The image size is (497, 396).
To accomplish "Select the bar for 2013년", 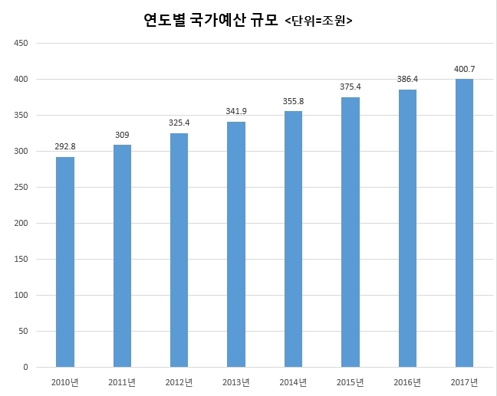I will tap(236, 244).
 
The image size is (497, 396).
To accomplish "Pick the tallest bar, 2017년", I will tap(464, 223).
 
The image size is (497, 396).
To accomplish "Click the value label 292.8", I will tap(65, 146).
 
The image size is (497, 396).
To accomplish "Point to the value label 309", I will tap(122, 135).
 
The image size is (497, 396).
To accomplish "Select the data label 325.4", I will tap(179, 123).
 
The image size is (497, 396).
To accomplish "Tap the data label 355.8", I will tap(293, 101).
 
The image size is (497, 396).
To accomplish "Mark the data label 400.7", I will tap(464, 68).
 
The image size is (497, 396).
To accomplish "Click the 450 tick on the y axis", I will tap(21, 44).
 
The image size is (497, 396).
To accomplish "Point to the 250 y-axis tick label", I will tap(21, 188).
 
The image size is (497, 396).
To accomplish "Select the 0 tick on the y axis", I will tap(25, 368).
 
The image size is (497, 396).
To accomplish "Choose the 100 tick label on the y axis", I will tap(21, 296).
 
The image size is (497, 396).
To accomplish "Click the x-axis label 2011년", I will tap(122, 381).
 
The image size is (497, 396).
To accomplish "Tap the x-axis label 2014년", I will tap(293, 381).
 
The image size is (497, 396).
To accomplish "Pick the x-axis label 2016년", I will tap(406, 381).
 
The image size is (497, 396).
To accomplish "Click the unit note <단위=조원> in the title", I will tap(318, 21).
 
